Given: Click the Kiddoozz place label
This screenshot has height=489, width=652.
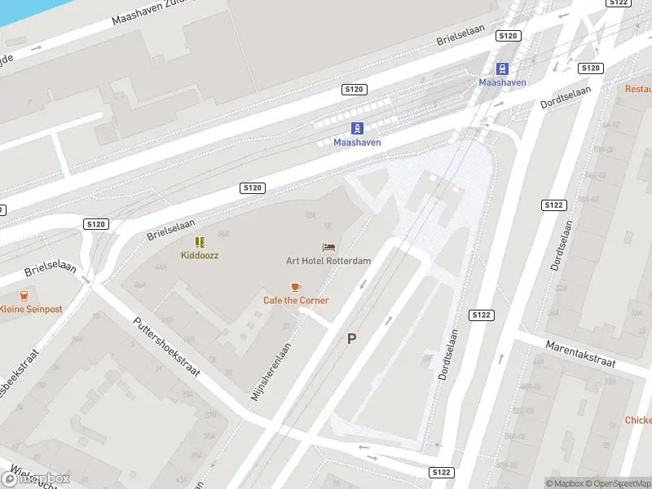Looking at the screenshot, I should (200, 255).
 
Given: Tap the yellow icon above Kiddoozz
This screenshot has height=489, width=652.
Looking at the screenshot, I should (200, 242).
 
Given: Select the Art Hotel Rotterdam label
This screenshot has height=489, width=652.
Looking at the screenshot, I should (328, 261).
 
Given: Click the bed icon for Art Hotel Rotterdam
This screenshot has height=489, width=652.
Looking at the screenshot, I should (329, 247).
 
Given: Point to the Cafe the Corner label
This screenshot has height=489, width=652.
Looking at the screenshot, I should (296, 300).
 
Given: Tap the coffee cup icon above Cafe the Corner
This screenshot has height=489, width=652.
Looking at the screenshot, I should (296, 287).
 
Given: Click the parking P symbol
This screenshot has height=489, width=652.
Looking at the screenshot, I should (352, 339).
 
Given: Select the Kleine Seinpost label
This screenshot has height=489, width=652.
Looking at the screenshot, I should (30, 309).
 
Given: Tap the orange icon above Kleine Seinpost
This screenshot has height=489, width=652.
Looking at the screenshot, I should (24, 296).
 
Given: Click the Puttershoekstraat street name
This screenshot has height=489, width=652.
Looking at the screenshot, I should (167, 346).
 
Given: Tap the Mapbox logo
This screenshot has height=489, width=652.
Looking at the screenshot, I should (36, 478).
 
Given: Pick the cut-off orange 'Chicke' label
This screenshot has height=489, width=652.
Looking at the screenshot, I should (637, 421).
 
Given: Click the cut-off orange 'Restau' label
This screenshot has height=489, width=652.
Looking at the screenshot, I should (638, 88).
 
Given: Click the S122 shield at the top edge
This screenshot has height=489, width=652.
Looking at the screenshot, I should (619, 3).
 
